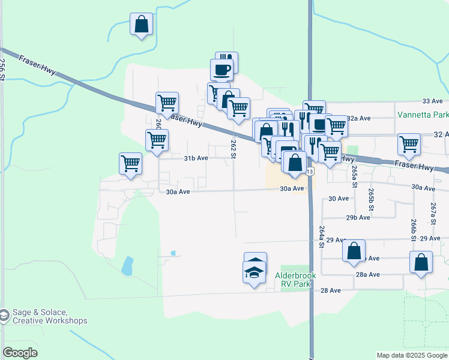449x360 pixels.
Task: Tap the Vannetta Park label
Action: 423,114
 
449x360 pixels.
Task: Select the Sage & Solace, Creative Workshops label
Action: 50,316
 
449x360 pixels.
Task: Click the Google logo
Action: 20,353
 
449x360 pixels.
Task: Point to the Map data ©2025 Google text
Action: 412,355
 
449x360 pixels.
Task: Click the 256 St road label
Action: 4,70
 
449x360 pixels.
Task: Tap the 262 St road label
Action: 233,149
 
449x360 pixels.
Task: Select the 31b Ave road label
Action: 196,158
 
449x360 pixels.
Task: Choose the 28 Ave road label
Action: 330,290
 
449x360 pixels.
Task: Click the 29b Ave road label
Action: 358,218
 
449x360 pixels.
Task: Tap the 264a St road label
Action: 322,236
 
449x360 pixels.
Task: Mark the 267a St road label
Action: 433,213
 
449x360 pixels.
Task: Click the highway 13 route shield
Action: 310,172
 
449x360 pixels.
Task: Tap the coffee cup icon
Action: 221,69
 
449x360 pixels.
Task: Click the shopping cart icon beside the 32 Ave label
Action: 409,144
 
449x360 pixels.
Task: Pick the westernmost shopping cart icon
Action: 130,163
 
